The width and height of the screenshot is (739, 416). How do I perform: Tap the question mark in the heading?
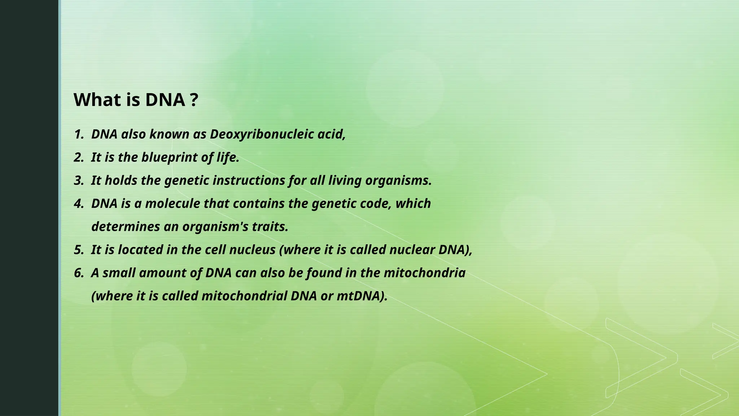point(194,100)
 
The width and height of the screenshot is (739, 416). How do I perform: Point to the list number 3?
point(78,181)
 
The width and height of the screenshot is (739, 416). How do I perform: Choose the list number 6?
point(78,273)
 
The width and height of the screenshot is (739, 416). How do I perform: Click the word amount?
point(162,273)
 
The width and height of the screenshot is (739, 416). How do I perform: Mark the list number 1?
point(78,134)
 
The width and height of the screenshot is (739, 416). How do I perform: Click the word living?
point(345,181)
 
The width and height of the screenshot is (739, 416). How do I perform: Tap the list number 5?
point(78,250)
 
